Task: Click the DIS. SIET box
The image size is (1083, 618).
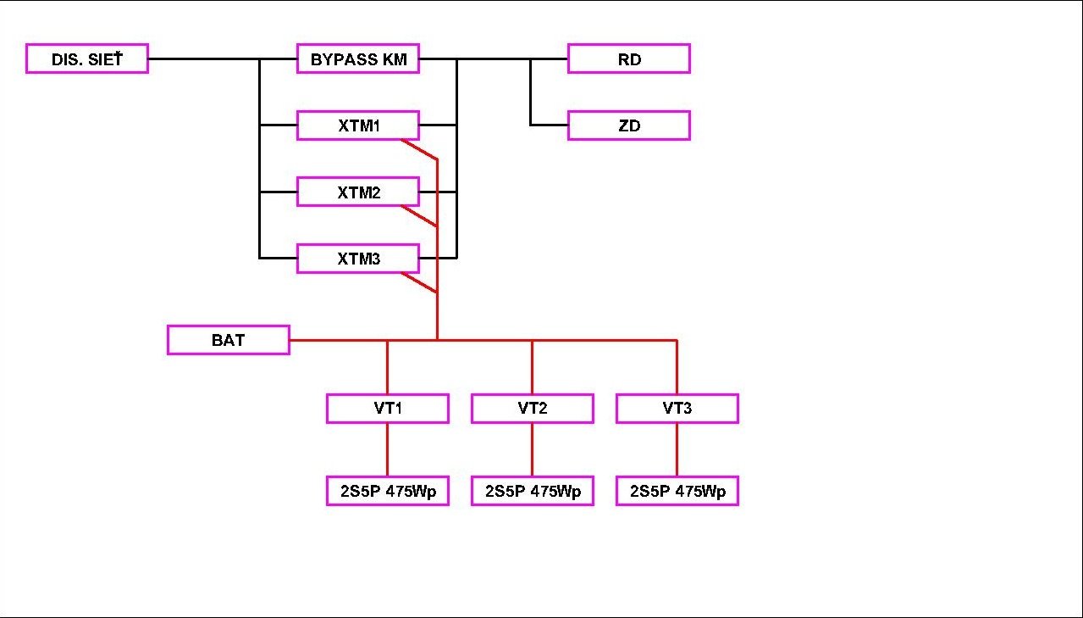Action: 87,59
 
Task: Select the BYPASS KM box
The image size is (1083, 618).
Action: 358,59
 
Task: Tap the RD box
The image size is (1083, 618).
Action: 629,59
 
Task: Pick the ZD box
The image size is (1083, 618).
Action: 629,125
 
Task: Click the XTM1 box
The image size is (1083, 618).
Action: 358,125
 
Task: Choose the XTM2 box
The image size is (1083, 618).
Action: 358,192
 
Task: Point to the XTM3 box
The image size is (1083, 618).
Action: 358,259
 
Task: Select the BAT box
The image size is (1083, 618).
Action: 229,340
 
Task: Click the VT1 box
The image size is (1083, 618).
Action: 388,408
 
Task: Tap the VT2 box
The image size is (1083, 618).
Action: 533,408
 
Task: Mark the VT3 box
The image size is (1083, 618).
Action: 677,408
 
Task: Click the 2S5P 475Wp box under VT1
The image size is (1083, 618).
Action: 388,491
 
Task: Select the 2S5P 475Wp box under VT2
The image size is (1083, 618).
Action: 533,491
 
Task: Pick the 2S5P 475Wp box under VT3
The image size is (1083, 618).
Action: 677,491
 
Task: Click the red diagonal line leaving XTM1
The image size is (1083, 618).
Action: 419,149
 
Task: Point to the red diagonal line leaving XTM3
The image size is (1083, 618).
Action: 419,282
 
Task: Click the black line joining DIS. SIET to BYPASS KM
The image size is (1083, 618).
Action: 203,59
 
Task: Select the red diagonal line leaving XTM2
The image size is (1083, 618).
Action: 419,216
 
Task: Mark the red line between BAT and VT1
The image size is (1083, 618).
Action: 339,340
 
